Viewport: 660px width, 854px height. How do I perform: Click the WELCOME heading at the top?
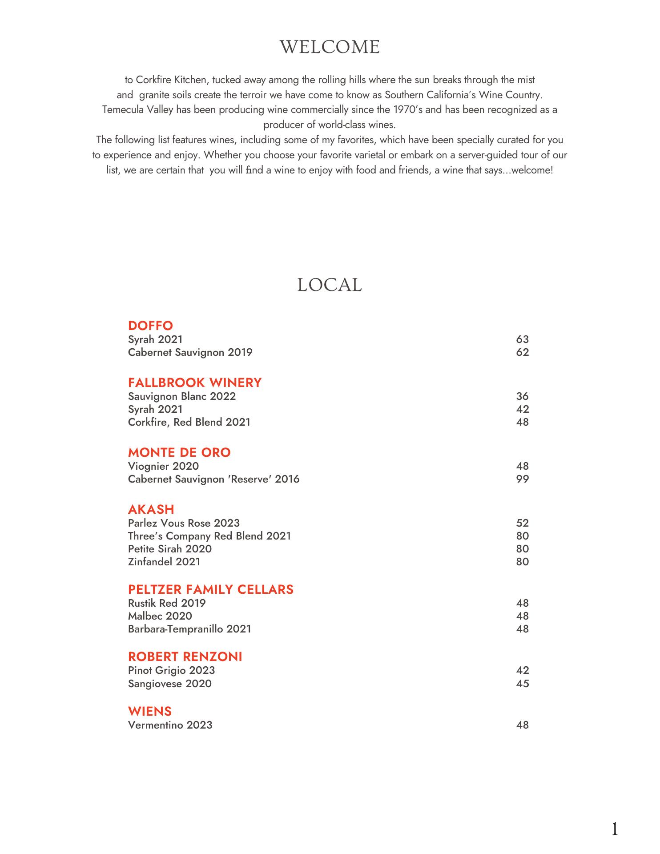pos(330,47)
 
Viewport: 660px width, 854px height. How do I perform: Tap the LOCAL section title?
pos(330,285)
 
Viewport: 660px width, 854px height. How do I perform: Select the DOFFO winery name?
pos(150,326)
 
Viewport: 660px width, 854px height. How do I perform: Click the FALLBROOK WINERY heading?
pos(195,383)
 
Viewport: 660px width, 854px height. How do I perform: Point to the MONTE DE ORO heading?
pos(179,452)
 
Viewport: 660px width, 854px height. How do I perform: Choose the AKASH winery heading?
pos(151,509)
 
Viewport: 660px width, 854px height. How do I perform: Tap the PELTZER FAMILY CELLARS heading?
pos(211,589)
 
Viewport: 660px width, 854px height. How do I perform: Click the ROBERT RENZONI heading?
pos(185,657)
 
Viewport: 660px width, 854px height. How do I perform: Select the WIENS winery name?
pos(150,711)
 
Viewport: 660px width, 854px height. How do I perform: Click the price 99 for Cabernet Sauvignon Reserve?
pos(522,479)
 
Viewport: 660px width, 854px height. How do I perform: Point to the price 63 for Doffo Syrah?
pos(522,339)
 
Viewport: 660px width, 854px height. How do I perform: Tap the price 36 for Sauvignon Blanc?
pos(522,396)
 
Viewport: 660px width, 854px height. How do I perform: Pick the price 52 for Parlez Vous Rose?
pos(522,523)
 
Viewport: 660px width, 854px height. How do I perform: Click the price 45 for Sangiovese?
pos(522,684)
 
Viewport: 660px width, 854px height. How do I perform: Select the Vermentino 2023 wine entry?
pos(170,725)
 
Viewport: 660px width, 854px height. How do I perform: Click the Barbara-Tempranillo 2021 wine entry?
pos(189,629)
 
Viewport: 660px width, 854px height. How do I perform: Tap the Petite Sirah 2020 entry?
pos(170,549)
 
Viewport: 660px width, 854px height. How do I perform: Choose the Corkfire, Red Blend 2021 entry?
pos(189,422)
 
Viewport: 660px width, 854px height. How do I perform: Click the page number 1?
pos(615,829)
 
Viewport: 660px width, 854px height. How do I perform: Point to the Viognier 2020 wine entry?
pos(163,466)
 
